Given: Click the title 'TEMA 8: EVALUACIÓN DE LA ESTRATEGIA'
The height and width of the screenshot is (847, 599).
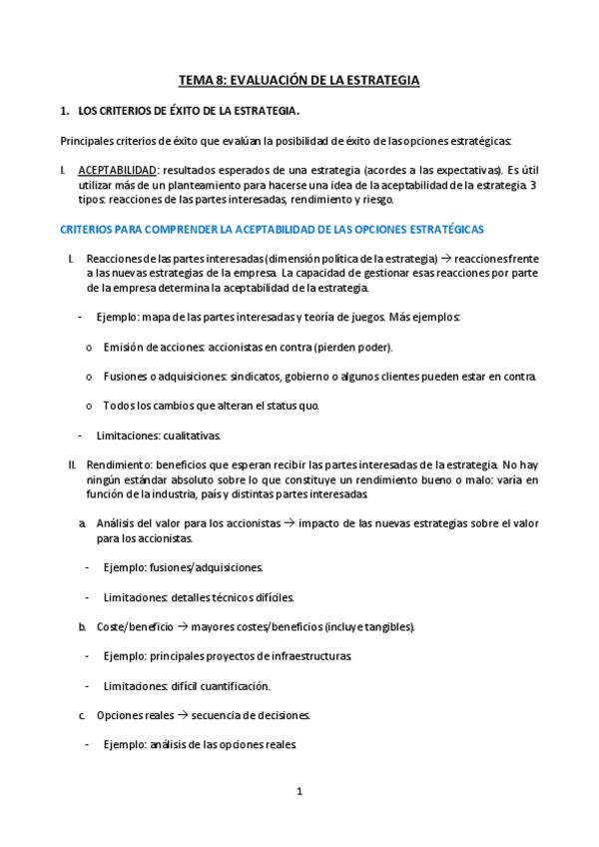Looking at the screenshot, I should tap(299, 80).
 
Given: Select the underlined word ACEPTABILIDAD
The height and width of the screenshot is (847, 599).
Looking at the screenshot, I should tap(117, 171).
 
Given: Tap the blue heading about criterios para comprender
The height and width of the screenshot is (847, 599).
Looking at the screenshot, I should tap(273, 230).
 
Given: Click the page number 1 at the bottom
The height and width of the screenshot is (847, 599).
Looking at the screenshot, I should tap(299, 792).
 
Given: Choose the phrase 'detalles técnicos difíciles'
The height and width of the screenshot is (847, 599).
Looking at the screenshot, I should tap(233, 597).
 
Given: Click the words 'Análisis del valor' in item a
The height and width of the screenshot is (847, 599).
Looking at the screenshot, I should tap(140, 523).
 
